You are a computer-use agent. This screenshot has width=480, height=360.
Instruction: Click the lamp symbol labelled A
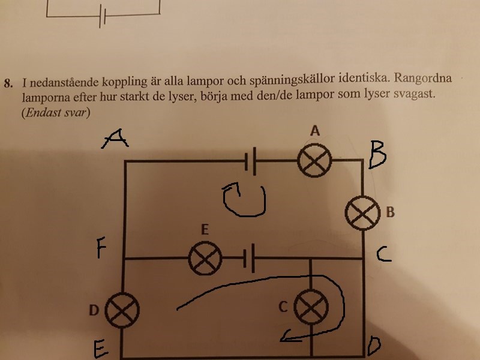[x=315, y=161]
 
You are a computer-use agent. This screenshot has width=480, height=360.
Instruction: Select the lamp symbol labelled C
[x=311, y=308]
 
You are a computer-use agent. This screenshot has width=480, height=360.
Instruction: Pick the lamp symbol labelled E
[x=205, y=259]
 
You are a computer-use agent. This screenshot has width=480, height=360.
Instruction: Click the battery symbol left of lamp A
[x=252, y=161]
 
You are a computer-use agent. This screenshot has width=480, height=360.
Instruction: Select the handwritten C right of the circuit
[x=384, y=255]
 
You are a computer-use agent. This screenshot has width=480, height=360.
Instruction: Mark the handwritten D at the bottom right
[x=373, y=346]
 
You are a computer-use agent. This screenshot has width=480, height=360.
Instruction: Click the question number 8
[x=8, y=82]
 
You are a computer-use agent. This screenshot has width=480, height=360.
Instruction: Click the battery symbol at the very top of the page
[x=103, y=17]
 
